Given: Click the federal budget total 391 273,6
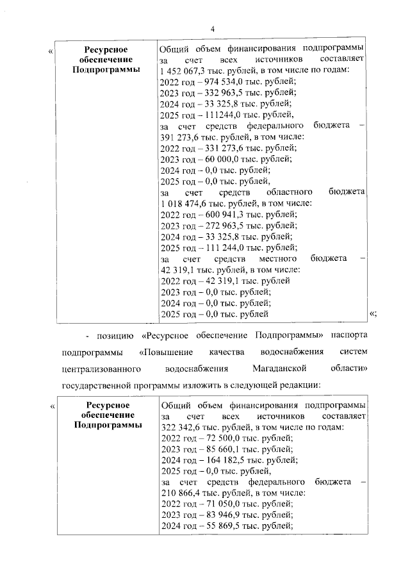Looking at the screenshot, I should (x=181, y=137).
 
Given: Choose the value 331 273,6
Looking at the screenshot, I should (x=224, y=148).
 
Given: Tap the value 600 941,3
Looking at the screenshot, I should (x=224, y=214).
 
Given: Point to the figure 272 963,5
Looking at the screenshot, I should (x=224, y=226).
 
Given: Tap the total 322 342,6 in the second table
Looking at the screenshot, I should (x=181, y=427).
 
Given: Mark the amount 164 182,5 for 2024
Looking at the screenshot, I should (x=224, y=460).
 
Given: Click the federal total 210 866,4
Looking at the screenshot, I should (x=181, y=493).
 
